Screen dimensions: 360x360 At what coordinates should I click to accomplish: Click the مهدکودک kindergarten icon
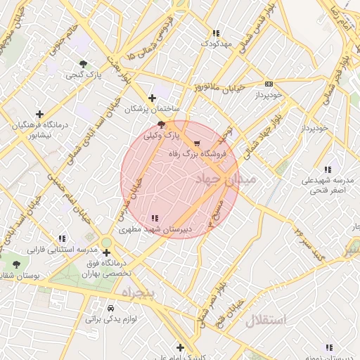[216, 33]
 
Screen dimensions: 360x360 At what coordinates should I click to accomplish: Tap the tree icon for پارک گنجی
[84, 64]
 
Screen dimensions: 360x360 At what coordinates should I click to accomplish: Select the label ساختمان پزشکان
[153, 110]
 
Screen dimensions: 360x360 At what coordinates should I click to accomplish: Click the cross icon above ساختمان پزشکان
[152, 98]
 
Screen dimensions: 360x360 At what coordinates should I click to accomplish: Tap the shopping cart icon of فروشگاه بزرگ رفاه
[196, 143]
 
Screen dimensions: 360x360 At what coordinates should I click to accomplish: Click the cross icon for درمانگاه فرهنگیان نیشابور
[39, 114]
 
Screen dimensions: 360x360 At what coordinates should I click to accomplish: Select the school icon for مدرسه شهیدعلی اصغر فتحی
[328, 169]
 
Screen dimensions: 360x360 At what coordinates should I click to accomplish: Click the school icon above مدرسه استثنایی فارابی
[63, 238]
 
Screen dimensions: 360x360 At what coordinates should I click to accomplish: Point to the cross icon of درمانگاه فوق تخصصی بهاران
[106, 252]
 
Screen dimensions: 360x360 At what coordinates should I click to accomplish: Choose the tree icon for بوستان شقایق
[17, 264]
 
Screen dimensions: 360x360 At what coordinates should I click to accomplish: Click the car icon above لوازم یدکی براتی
[110, 308]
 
